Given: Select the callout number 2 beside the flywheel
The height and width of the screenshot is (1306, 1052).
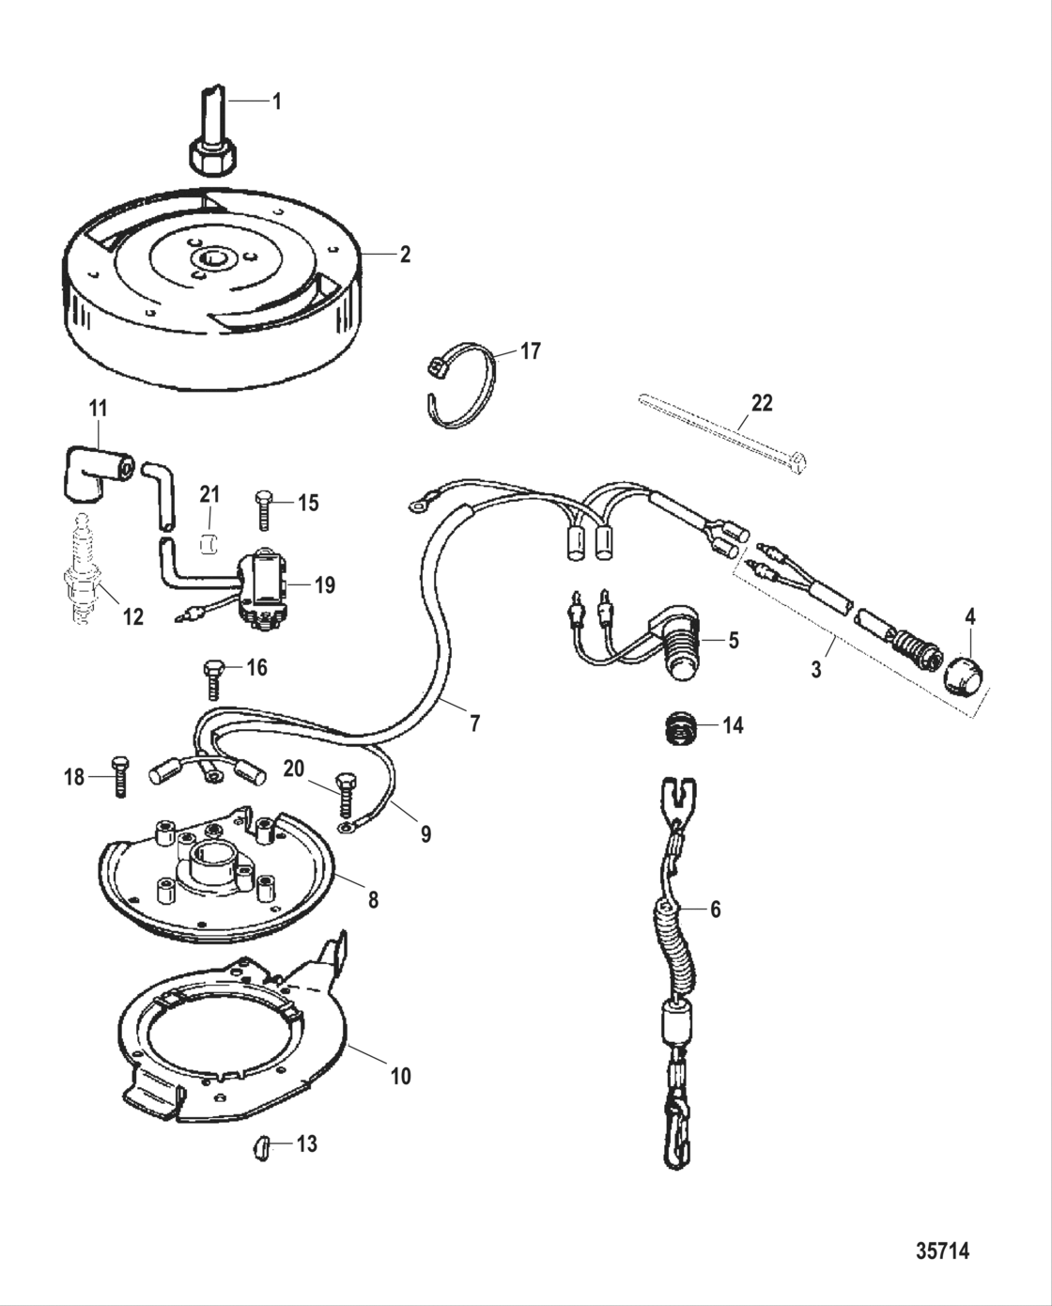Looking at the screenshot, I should click(404, 255).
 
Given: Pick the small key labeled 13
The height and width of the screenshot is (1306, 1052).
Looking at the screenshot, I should click(262, 1146).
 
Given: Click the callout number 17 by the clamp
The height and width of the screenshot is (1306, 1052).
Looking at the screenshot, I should click(531, 351).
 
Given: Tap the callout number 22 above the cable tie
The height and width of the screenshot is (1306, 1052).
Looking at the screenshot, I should click(761, 403).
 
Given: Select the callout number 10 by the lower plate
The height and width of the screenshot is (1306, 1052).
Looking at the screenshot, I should click(400, 1075).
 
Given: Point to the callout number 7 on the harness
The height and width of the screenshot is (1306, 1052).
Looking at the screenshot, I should click(474, 723).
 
